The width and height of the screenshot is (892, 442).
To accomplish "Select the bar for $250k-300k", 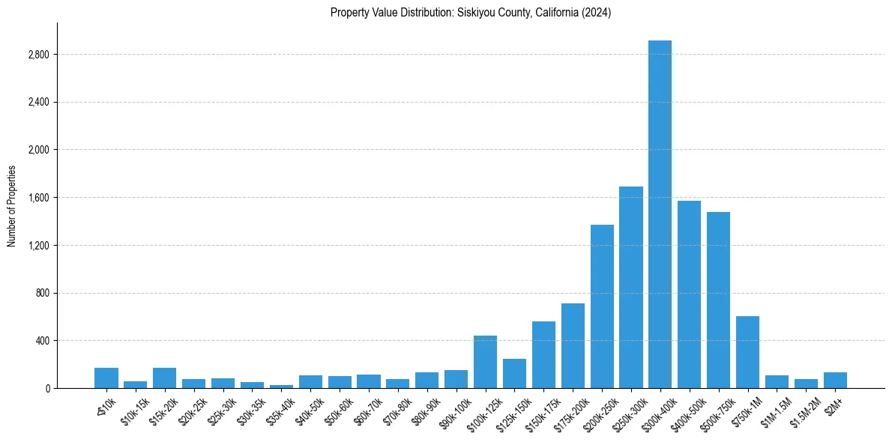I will pos(630,288).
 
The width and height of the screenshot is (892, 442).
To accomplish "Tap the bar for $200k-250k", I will pos(602,306).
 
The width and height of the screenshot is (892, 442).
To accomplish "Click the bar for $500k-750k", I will pos(718,300).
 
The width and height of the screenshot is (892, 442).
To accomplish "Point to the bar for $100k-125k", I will pos(485,362).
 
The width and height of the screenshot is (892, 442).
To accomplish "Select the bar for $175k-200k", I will pos(573,346).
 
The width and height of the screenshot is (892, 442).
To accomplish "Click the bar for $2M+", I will pos(835,381).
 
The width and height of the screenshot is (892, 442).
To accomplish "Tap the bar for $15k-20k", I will pos(164,378).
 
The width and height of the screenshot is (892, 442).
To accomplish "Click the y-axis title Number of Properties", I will pos(11,206).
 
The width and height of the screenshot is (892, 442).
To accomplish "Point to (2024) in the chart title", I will pos(597,13).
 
